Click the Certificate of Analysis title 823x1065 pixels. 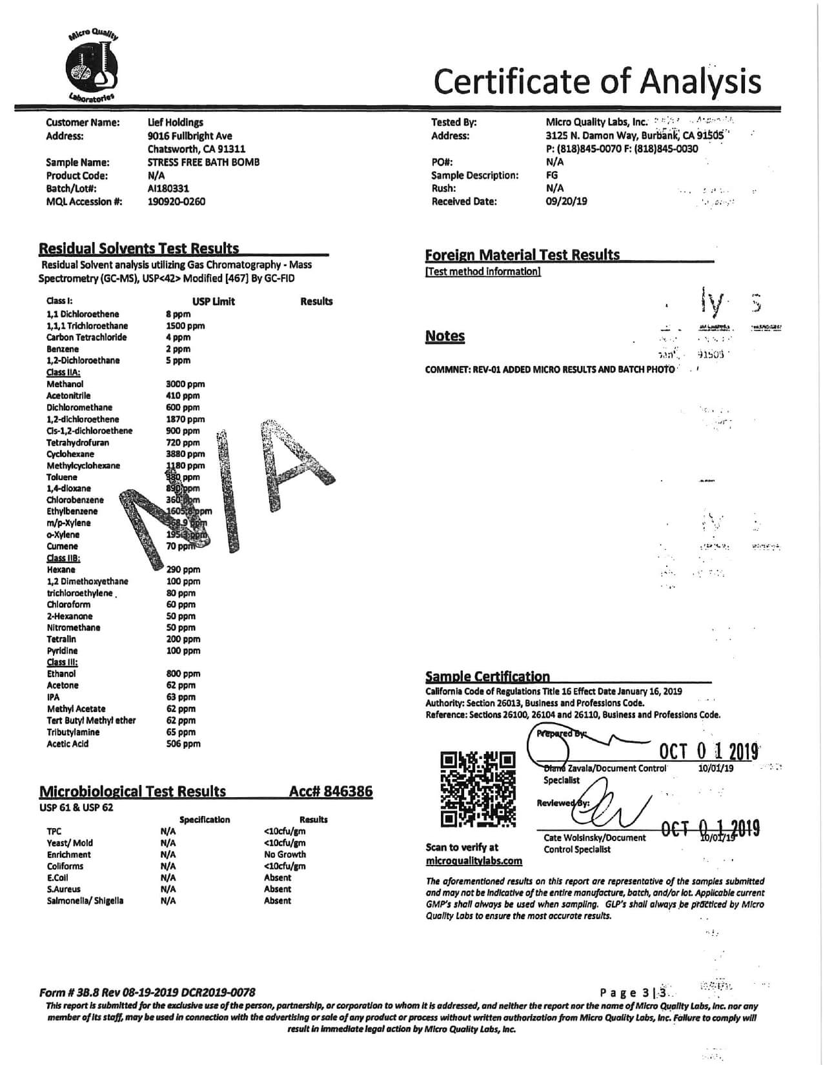point(597,82)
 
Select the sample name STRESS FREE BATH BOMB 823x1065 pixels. point(203,163)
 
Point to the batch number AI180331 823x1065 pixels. point(168,188)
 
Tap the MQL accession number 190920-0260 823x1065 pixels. point(176,201)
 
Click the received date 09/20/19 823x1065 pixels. point(567,201)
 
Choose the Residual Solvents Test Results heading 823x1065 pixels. point(139,249)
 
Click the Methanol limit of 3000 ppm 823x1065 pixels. point(185,384)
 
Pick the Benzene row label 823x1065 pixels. point(63,349)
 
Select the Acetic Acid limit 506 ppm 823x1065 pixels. point(183,744)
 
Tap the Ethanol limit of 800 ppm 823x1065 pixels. point(183,674)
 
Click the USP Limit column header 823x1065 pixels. point(214,301)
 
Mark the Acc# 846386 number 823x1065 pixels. point(330,791)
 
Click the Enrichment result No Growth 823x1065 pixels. point(285,855)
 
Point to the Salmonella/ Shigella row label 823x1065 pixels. point(85,901)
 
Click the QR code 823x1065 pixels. point(478,789)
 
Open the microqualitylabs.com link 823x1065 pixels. point(474,861)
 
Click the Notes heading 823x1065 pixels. point(445,336)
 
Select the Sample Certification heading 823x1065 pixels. point(487,676)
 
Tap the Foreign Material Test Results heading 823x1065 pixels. point(522,255)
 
